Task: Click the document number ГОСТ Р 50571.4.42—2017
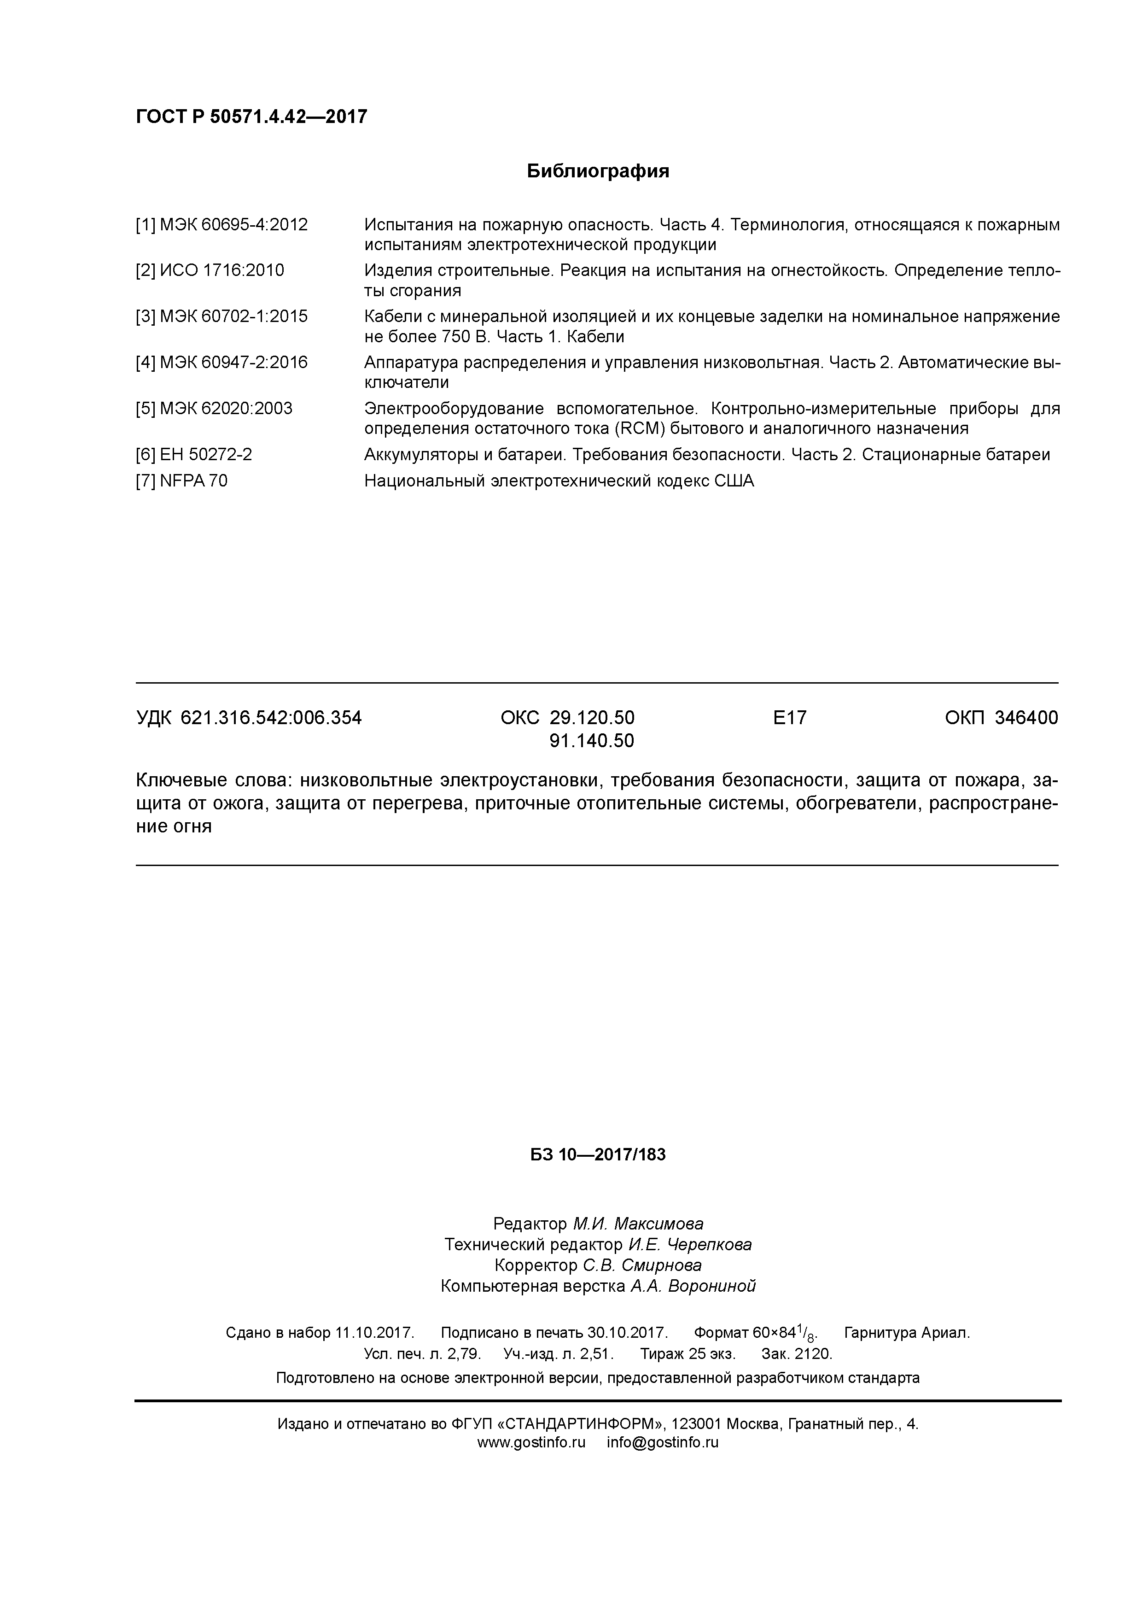(x=251, y=117)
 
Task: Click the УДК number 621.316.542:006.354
(x=271, y=718)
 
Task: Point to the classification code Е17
(x=789, y=718)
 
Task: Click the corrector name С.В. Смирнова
(x=642, y=1265)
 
